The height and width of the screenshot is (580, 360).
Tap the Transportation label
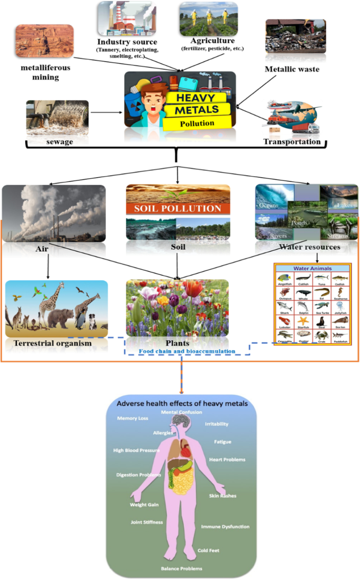click(x=292, y=142)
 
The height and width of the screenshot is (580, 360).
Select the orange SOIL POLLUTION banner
click(x=178, y=208)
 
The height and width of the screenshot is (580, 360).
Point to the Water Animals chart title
click(x=313, y=268)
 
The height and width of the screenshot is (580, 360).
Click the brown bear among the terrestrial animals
click(x=61, y=318)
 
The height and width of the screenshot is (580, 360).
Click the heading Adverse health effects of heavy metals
click(x=181, y=404)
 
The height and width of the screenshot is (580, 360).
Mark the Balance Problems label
click(x=181, y=568)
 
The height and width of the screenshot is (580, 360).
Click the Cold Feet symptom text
click(x=208, y=551)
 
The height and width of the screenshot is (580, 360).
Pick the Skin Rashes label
click(x=223, y=496)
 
